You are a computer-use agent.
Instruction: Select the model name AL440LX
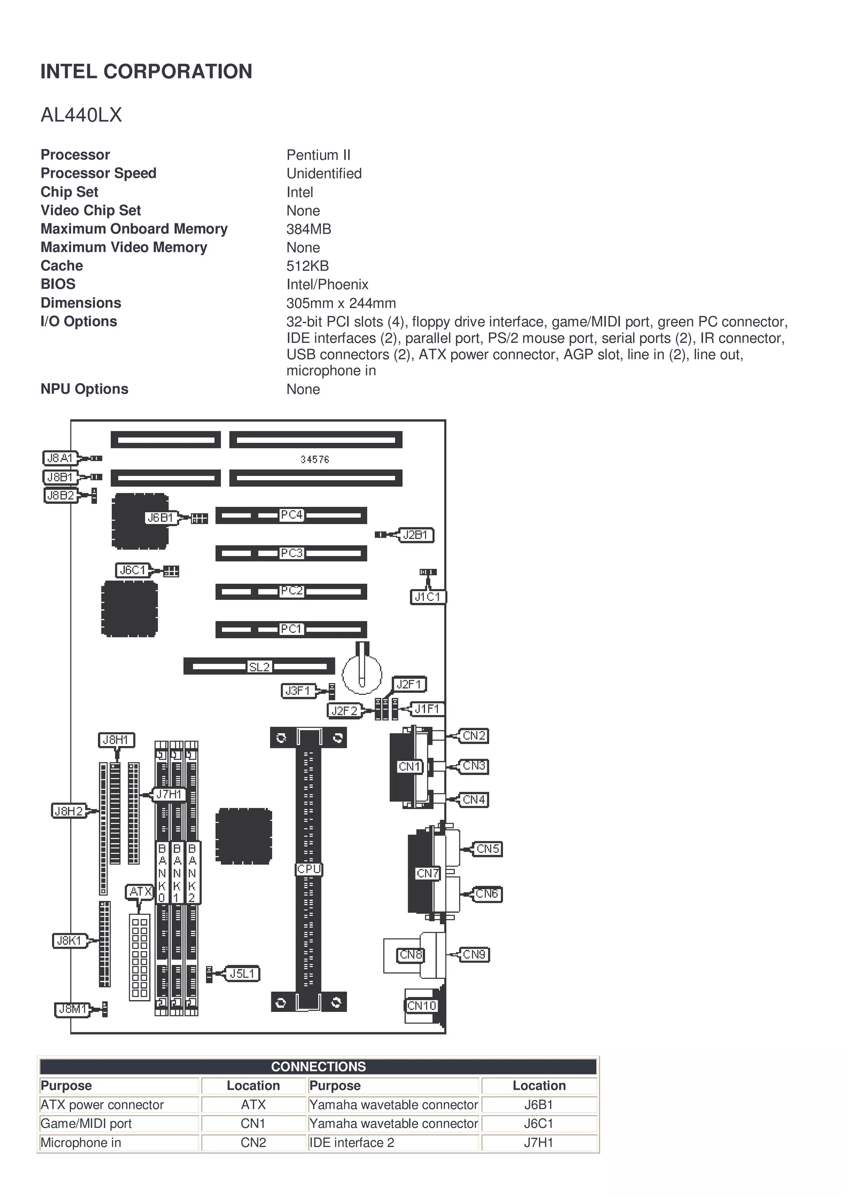coord(81,115)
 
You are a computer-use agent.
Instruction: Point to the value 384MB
coord(309,229)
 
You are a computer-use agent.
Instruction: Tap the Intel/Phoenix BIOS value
coord(327,284)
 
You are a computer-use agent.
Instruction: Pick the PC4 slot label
coord(291,515)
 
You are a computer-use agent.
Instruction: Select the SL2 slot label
coord(259,666)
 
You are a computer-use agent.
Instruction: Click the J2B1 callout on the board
coord(416,535)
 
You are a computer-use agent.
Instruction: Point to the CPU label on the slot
coord(309,869)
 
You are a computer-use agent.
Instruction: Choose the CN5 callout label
coord(488,849)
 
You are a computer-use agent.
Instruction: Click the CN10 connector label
coord(422,1005)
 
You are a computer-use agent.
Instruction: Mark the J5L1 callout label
coord(242,974)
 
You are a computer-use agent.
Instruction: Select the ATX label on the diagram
coord(140,892)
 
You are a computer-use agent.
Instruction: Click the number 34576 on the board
coord(315,460)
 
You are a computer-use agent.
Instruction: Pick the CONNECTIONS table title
coord(318,1067)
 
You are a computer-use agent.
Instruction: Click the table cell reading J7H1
coord(538,1142)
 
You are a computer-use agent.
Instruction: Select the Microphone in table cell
coord(81,1142)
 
